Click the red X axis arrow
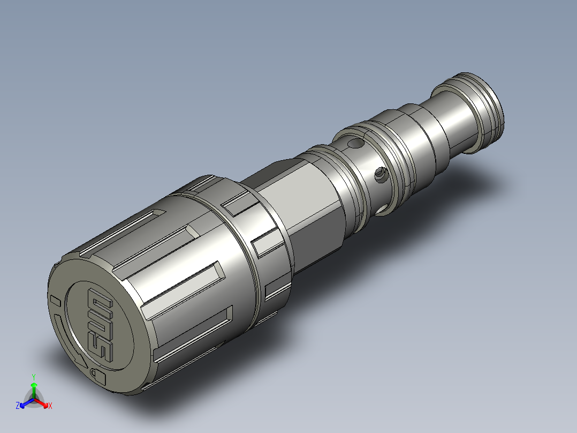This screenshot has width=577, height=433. pos(41,402)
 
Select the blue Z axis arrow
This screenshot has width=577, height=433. pos(27,402)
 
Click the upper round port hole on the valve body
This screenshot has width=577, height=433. pos(356,143)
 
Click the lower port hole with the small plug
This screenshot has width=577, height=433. pos(381,174)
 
